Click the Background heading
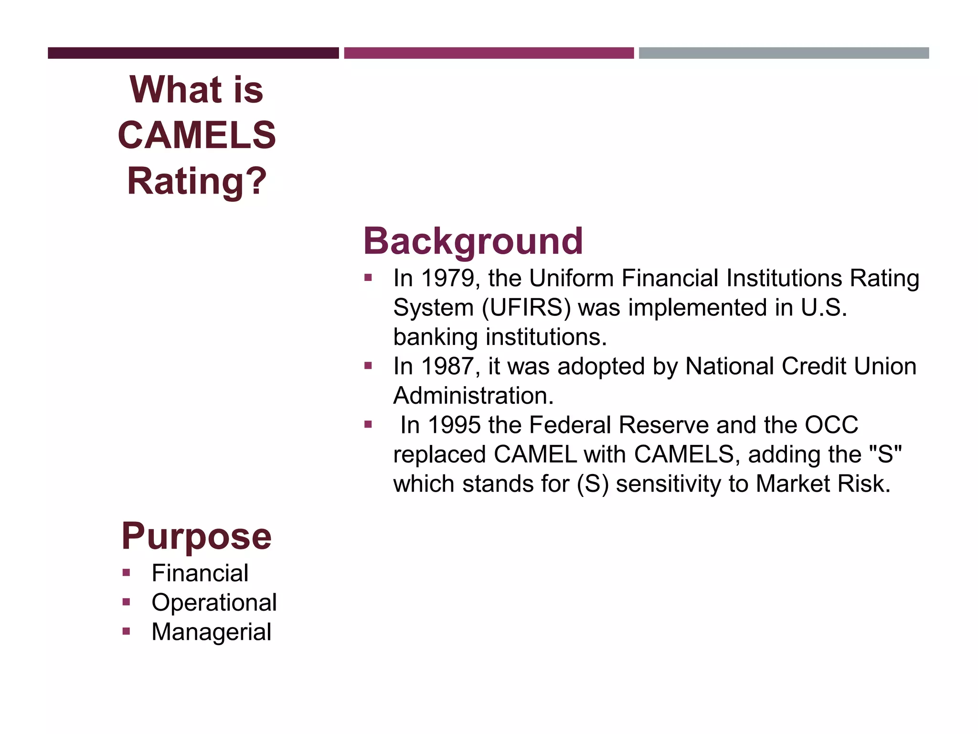coord(473,242)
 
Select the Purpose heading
coord(196,537)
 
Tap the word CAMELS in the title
coord(197,135)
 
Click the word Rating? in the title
coord(197,181)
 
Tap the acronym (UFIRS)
coord(526,308)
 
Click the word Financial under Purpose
coord(200,573)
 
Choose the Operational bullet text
coord(214,603)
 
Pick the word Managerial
coord(211,632)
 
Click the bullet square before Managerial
coord(126,631)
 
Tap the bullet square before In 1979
coord(368,278)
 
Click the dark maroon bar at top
coord(193,53)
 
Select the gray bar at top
coord(784,53)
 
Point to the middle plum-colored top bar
coord(489,53)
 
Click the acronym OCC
coord(831,425)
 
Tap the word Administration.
coord(473,396)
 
